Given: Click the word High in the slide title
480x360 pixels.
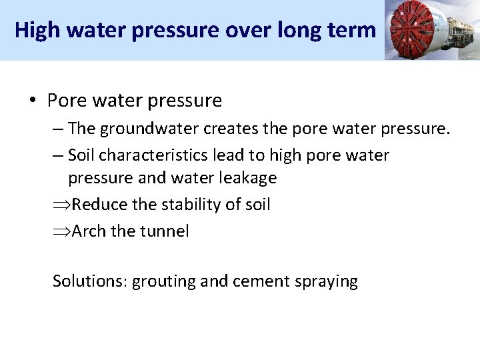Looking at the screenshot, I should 33,30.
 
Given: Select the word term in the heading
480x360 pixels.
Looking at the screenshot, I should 357,30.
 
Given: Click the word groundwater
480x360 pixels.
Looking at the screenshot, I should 146,128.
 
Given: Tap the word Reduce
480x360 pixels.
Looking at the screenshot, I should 100,204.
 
